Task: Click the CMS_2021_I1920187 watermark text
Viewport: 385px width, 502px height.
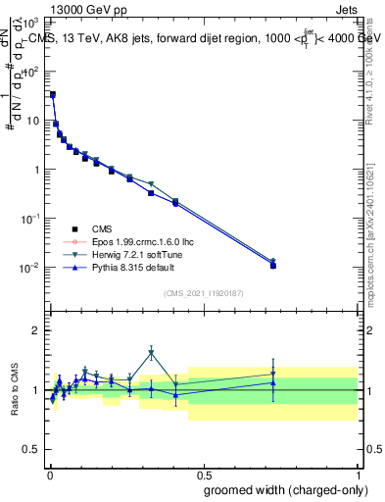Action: (203, 293)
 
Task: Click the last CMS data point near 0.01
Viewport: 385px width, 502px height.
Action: (273, 266)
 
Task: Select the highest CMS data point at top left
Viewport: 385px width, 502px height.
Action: (52, 95)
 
